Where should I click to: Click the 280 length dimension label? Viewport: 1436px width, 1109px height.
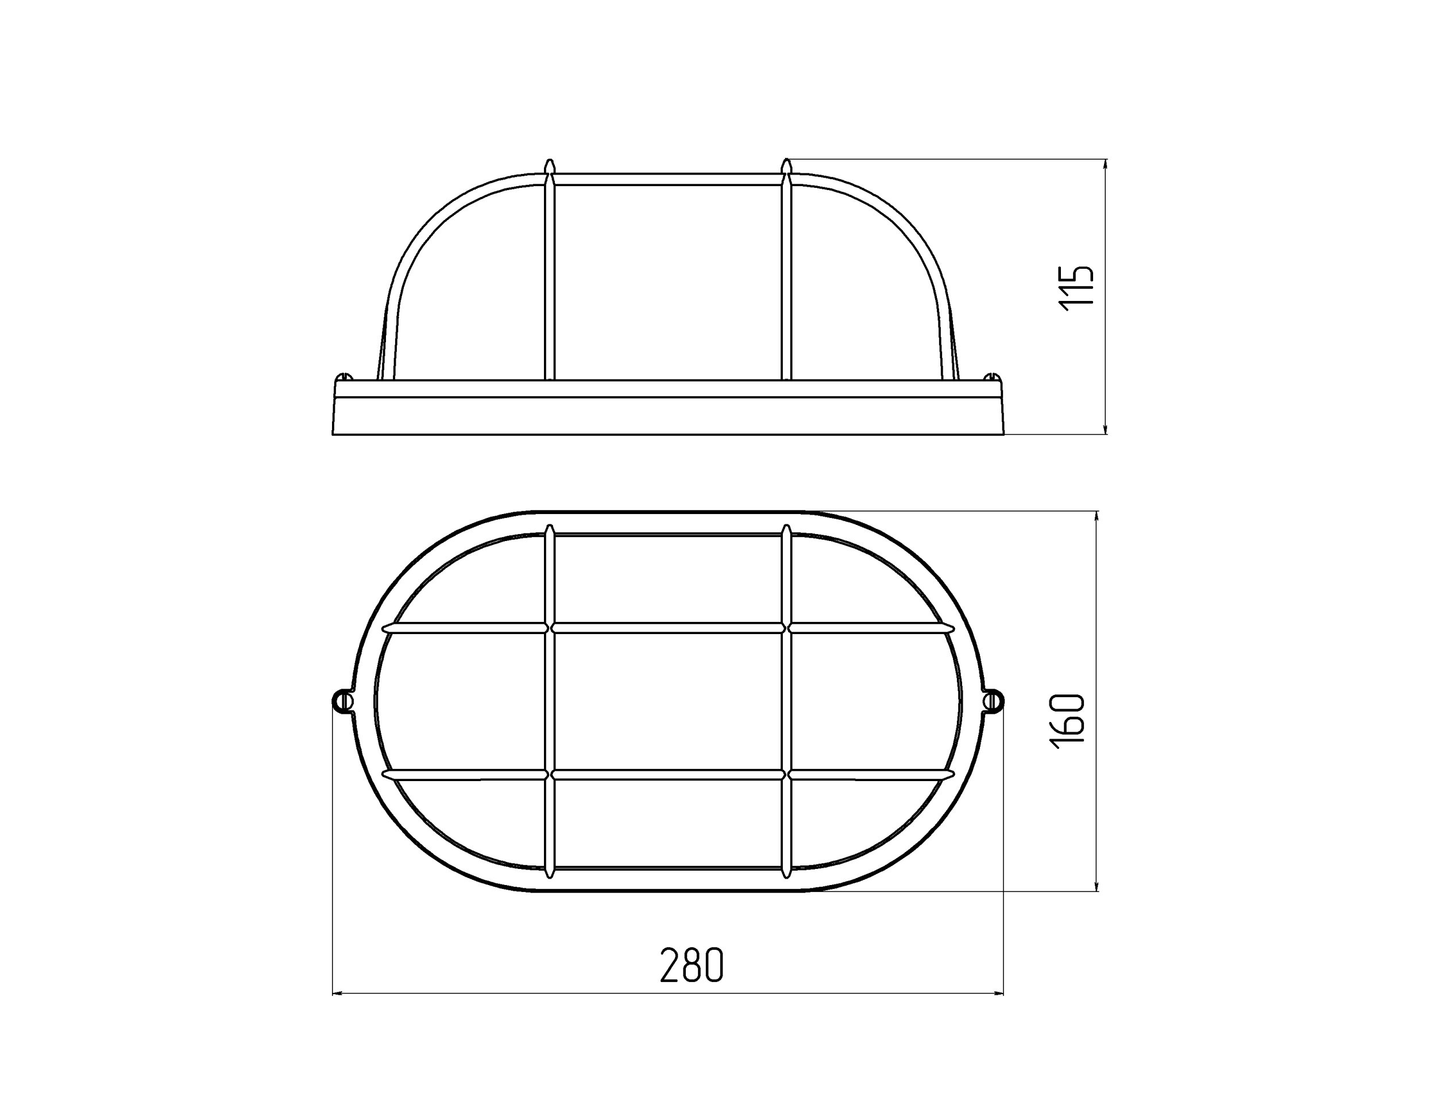tap(692, 965)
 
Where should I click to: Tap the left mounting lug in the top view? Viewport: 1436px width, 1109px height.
tap(342, 701)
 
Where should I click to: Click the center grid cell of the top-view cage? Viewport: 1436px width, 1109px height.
tap(668, 701)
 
